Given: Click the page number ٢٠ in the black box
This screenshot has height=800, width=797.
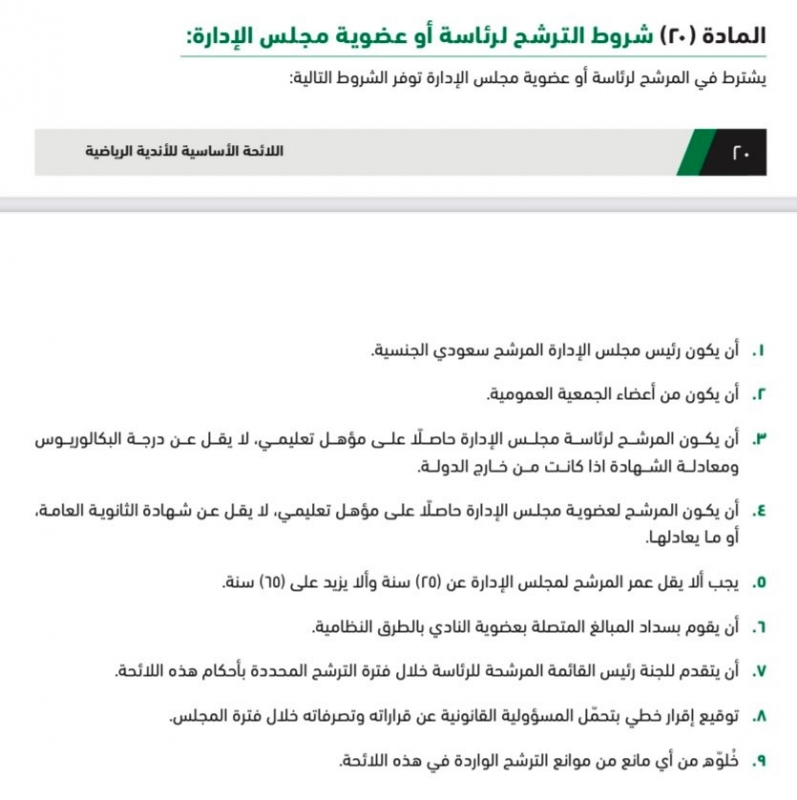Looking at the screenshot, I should pyautogui.click(x=741, y=153).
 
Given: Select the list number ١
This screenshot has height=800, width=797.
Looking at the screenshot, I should pyautogui.click(x=758, y=352).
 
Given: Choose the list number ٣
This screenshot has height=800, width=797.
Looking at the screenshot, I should pyautogui.click(x=758, y=439).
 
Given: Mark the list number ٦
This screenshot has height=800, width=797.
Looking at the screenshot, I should pyautogui.click(x=758, y=627).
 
